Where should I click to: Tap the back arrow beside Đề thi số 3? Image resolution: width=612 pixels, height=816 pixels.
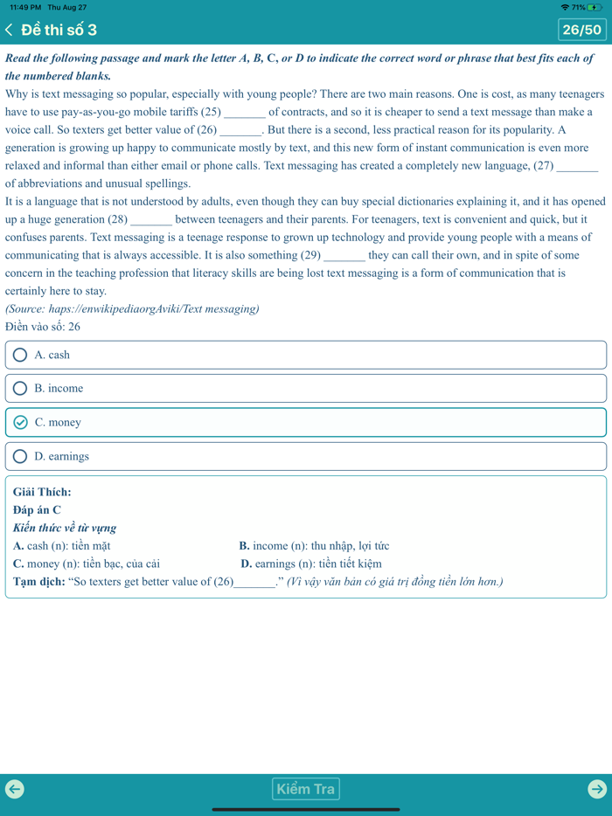(10, 30)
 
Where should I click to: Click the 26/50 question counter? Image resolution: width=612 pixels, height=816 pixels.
(581, 30)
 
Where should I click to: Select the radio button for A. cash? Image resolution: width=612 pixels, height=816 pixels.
(20, 355)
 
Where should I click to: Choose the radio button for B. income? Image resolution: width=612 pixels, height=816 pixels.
(20, 388)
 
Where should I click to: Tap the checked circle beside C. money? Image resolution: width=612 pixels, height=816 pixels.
(21, 422)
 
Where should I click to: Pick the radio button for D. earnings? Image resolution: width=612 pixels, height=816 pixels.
(20, 456)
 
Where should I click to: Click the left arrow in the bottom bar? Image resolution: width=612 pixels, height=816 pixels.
(15, 789)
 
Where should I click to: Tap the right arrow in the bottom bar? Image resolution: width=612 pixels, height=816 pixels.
(596, 789)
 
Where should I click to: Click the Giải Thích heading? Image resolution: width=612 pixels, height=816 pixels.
(42, 492)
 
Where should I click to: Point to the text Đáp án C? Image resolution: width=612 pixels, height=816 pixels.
(38, 510)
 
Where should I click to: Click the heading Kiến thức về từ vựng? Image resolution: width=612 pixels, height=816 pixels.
(65, 528)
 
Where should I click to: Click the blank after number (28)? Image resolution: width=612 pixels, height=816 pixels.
(151, 220)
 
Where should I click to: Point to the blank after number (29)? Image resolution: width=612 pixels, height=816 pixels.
(344, 256)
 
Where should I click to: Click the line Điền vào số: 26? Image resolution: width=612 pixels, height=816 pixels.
(43, 327)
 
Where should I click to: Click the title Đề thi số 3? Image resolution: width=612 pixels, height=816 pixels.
(59, 30)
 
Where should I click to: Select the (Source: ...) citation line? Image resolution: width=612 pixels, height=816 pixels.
(132, 309)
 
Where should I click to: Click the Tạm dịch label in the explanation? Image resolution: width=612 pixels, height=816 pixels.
(38, 582)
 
